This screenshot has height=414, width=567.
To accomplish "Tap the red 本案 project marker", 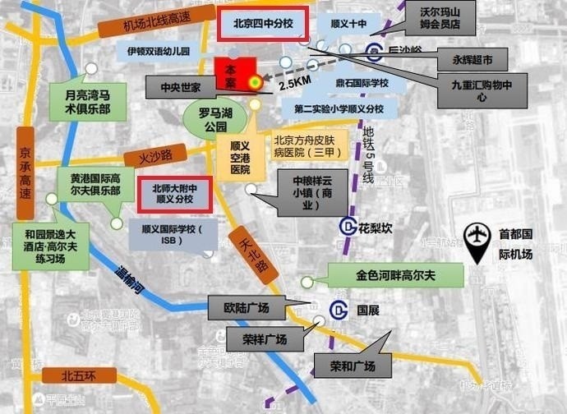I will pyautogui.click(x=231, y=73).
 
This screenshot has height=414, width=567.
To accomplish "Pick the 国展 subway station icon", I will pyautogui.click(x=338, y=310).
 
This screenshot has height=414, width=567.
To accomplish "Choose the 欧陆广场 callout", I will pyautogui.click(x=247, y=308).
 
